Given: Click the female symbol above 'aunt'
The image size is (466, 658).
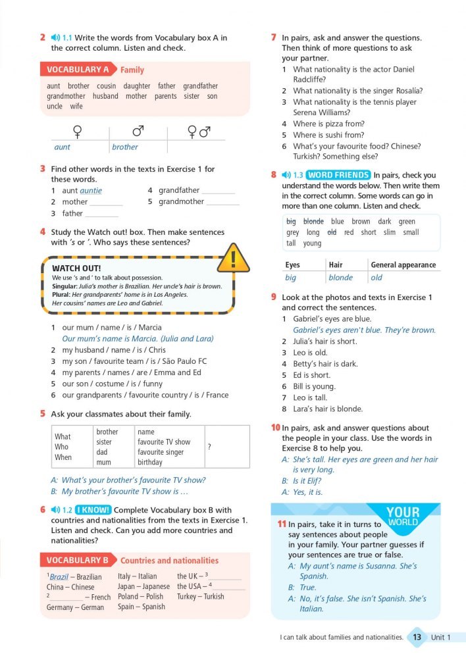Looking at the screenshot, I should click(x=77, y=132).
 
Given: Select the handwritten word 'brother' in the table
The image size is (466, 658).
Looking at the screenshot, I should click(x=125, y=147).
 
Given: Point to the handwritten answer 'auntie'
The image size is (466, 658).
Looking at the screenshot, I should click(x=91, y=191).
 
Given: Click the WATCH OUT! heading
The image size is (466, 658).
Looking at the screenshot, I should click(x=76, y=268).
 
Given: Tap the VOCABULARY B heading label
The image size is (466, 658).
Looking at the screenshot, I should click(x=78, y=561).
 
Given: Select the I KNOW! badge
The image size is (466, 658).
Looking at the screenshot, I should click(x=93, y=510).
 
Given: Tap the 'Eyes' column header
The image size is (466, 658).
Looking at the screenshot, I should click(x=293, y=265).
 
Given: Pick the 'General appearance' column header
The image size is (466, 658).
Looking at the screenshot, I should click(x=403, y=265).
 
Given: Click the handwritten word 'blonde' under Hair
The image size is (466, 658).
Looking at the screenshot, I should click(x=341, y=278).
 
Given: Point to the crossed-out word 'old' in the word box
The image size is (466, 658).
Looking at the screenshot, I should click(x=332, y=232).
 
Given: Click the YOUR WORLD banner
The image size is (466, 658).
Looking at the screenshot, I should click(x=403, y=517).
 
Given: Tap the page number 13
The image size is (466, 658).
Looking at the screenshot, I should click(x=417, y=637).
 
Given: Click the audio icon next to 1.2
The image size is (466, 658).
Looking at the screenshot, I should click(x=55, y=510).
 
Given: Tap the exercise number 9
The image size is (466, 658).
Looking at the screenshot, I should click(x=273, y=297).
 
